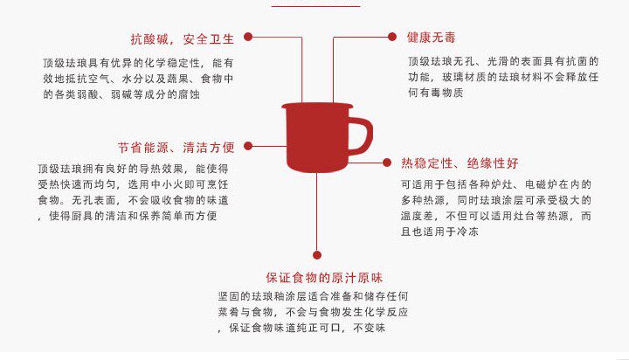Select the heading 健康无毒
click(431, 38)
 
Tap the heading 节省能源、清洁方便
click(176, 146)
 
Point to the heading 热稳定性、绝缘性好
click(460, 163)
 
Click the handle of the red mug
click(358, 136)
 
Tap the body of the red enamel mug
click(316, 139)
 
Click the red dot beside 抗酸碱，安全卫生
click(248, 38)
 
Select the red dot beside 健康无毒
click(392, 38)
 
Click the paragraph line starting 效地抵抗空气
click(138, 79)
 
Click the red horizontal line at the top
click(315, 5)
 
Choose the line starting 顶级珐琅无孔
click(502, 62)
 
